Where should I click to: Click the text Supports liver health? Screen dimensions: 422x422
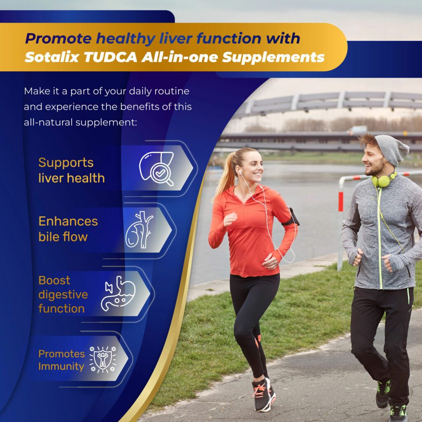tap(71, 170)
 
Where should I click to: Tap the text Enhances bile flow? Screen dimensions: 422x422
tap(68, 229)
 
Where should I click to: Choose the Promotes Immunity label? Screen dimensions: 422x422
tap(61, 360)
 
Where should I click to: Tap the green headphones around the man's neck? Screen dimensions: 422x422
tap(383, 181)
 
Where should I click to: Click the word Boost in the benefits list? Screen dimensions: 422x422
tap(54, 280)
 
